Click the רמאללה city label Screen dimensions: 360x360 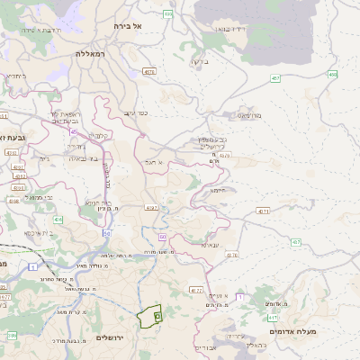coord(93,54)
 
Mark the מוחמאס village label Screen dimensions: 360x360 coord(249,115)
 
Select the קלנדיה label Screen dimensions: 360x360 coord(100,136)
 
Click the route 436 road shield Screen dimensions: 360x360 coord(58,219)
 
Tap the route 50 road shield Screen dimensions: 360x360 coord(106,233)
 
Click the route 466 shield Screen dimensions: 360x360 coord(168,14)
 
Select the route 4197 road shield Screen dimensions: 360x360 coord(149,208)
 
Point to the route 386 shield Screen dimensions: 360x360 coord(12,335)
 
